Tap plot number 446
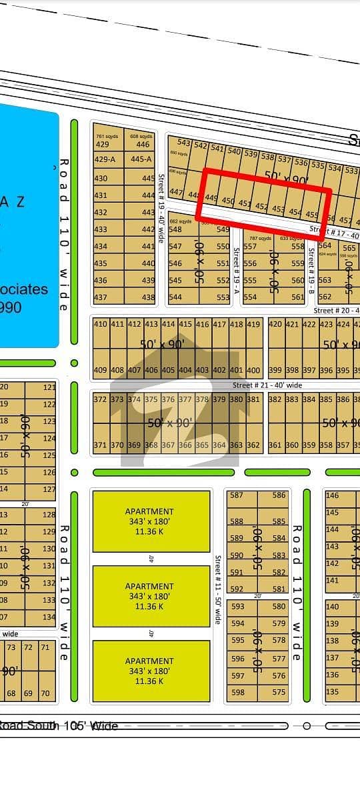tap(143, 145)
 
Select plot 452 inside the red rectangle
tap(261, 206)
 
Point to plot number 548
tap(175, 229)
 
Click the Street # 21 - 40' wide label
tap(267, 385)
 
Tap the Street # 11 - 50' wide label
tap(217, 589)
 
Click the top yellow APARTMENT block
tap(150, 521)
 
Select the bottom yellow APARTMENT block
tap(150, 671)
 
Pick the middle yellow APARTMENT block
tap(150, 596)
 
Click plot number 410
tap(100, 325)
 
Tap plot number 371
tap(100, 445)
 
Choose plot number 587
tap(237, 495)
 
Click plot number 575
tap(279, 692)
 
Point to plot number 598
tap(237, 692)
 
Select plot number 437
tap(101, 297)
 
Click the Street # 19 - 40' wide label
tap(161, 208)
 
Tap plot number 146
tap(332, 495)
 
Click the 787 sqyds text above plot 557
tap(260, 238)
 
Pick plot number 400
tap(253, 370)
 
